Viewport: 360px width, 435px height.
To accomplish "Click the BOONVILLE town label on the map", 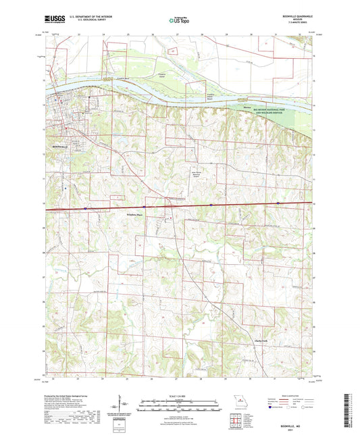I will tap(61, 146).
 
